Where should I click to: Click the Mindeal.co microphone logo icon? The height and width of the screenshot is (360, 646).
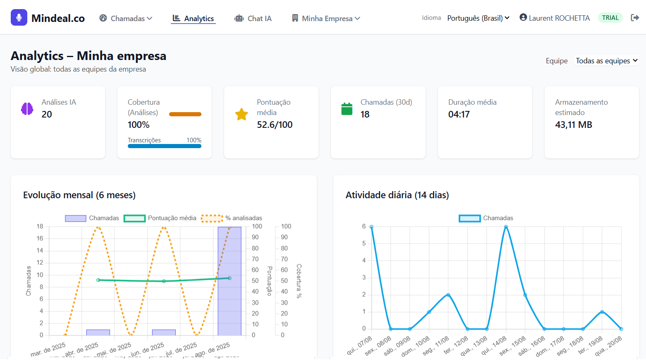point(19,18)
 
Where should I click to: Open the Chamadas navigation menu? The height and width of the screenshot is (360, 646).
point(126,18)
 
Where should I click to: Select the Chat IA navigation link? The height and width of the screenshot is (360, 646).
point(253,18)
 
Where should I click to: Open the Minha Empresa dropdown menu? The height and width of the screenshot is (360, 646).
point(326,18)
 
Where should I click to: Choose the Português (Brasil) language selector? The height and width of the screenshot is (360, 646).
point(478,18)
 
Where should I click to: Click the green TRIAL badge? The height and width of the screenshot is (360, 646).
point(610,18)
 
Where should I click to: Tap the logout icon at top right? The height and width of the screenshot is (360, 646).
point(635,17)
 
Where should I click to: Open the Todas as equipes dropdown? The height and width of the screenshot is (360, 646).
point(606,61)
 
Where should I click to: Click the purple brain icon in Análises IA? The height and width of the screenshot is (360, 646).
point(27,109)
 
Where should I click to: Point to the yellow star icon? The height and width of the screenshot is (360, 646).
point(242,114)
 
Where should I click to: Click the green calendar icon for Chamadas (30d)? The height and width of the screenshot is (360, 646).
point(347,109)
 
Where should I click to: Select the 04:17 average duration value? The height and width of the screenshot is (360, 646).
point(459,114)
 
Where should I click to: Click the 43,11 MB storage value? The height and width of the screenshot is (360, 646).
point(574,125)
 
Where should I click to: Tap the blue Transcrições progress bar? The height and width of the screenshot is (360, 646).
point(165,146)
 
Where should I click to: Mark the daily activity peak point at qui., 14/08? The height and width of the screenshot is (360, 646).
point(506,227)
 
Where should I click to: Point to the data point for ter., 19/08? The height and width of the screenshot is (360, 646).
point(602,312)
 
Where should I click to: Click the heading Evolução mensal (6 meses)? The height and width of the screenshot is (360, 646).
point(79,195)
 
